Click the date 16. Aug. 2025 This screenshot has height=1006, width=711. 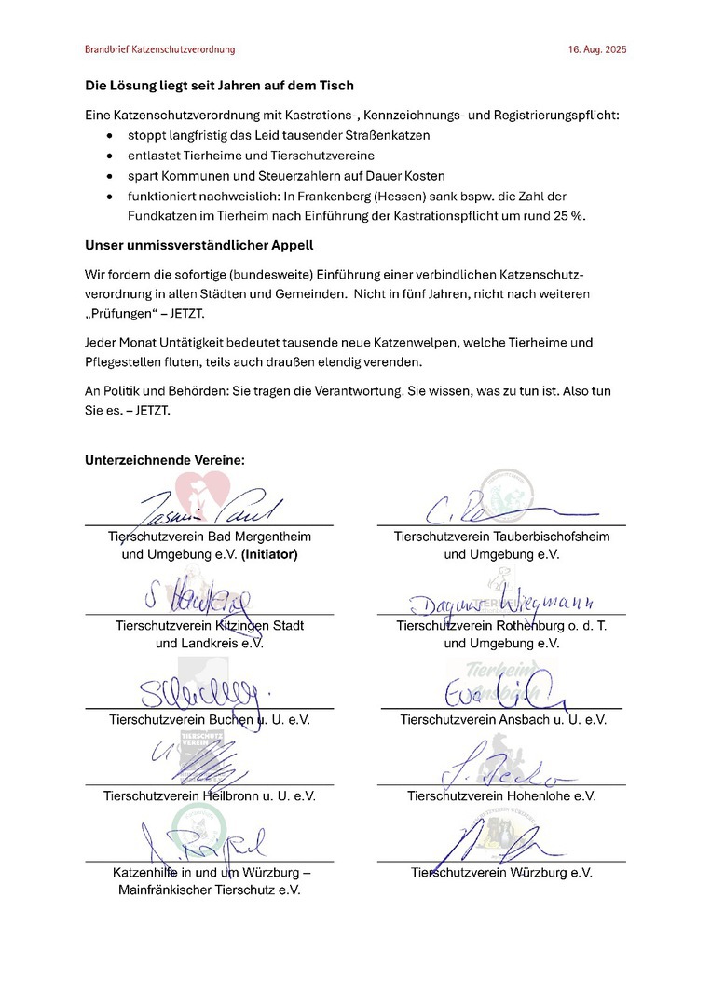(x=597, y=48)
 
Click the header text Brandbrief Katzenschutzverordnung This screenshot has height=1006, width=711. (x=159, y=48)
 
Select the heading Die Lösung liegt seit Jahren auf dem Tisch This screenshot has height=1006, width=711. (x=219, y=86)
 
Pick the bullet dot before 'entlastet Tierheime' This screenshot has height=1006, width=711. (x=111, y=156)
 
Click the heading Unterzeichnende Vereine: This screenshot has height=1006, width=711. (x=165, y=460)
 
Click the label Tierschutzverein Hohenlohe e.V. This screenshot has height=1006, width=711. (x=501, y=796)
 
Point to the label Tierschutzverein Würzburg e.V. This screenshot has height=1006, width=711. (x=501, y=873)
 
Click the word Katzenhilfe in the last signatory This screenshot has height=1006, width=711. (x=148, y=873)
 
